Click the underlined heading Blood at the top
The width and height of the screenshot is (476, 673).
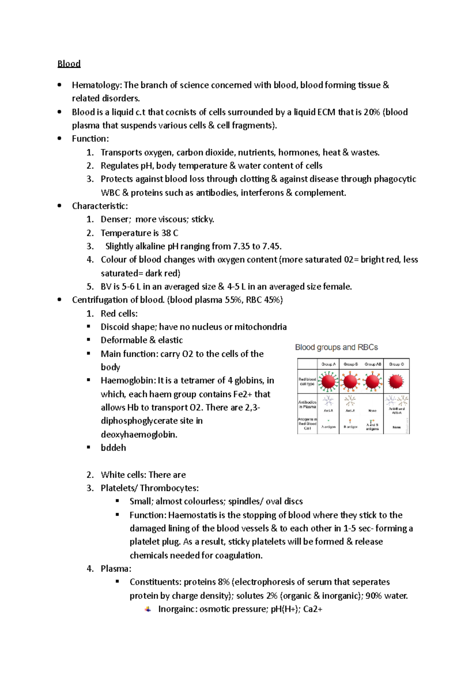click(69, 64)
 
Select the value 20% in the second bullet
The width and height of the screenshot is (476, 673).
click(372, 112)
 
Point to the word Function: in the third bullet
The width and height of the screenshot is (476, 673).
click(90, 139)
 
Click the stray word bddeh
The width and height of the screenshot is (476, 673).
click(113, 448)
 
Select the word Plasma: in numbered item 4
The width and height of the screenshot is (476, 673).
click(116, 569)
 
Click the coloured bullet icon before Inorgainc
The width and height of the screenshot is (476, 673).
click(148, 609)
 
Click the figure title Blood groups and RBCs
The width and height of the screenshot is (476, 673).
click(336, 348)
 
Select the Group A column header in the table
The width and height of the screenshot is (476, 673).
click(328, 364)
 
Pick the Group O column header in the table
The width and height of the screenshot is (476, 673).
click(396, 364)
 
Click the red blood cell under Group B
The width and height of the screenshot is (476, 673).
click(350, 382)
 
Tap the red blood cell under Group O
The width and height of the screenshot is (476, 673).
click(396, 382)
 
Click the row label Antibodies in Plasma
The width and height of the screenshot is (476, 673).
click(307, 404)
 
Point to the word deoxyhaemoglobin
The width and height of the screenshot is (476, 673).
click(139, 435)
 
